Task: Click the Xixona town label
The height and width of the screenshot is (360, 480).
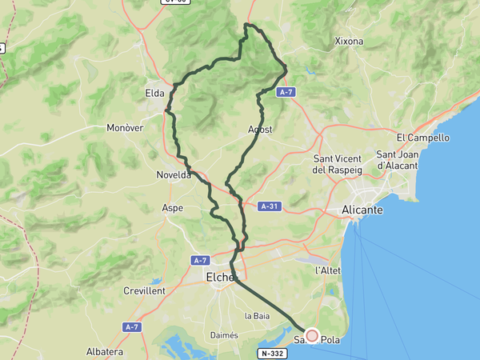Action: (349, 41)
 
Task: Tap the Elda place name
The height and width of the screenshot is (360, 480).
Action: (154, 93)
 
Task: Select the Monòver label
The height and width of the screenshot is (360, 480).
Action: (124, 128)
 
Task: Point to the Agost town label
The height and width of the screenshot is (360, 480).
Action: (261, 130)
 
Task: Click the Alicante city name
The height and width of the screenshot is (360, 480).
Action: (362, 210)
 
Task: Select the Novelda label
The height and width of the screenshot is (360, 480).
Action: (174, 174)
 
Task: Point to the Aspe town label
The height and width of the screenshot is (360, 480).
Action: (173, 208)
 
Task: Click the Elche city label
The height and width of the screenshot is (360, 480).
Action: (219, 278)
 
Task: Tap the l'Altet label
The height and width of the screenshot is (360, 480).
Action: (328, 270)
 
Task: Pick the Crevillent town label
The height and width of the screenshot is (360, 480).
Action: (144, 291)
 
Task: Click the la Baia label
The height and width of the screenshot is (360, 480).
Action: (257, 316)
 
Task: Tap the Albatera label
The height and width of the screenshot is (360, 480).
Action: (105, 352)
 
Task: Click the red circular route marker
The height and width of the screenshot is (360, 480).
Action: (312, 337)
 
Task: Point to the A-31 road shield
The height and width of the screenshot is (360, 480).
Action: (270, 206)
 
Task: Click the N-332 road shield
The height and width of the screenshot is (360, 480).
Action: (271, 353)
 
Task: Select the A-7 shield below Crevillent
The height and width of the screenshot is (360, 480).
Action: (132, 327)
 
